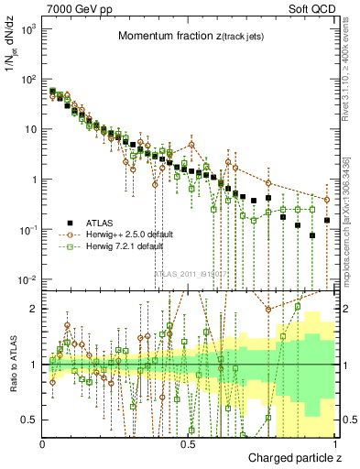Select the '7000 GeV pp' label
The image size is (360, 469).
click(71, 7)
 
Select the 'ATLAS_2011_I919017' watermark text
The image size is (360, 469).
click(187, 274)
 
